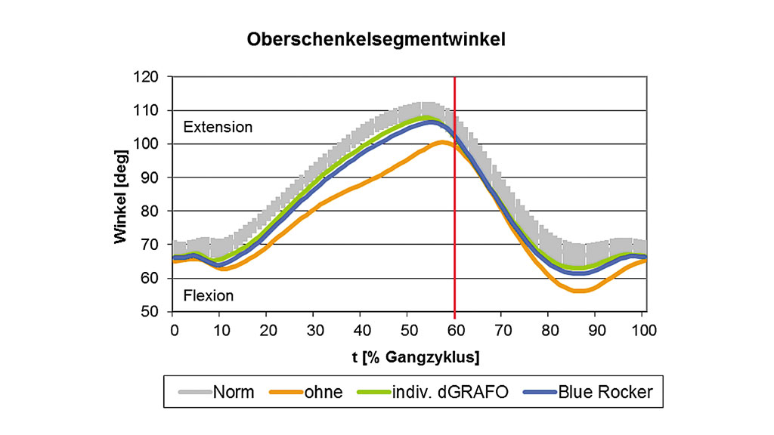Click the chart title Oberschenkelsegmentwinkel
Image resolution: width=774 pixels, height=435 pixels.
pos(376,41)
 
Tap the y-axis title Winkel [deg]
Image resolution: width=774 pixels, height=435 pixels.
pos(121,195)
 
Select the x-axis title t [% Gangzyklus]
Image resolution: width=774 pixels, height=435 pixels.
pos(409,356)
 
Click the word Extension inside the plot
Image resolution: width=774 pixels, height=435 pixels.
pos(218,127)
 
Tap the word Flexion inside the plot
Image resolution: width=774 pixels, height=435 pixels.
pos(209,295)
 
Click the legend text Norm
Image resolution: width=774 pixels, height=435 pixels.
pos(234,392)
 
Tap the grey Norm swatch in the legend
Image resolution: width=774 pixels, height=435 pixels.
pos(193,392)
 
